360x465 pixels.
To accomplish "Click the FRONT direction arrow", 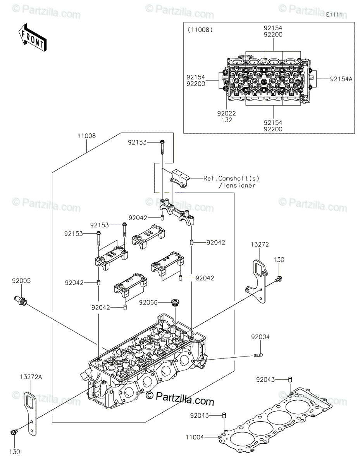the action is [32, 38].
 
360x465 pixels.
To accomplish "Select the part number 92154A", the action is [341, 79].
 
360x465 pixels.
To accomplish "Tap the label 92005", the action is [21, 281].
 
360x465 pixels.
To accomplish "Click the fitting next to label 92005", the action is [20, 300].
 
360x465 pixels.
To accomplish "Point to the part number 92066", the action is [148, 302].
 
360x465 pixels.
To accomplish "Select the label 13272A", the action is [31, 377].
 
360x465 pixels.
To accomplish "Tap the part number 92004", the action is [260, 337].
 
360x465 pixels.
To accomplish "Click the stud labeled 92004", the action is [258, 355].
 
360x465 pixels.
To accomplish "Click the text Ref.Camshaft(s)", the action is [231, 178].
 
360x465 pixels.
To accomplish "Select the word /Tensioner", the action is [237, 185].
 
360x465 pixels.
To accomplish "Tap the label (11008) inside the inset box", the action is [200, 30].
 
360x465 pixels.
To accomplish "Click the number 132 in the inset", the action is [227, 120].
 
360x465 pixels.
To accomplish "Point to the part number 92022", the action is [227, 113].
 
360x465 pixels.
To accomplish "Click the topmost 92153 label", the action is [137, 142].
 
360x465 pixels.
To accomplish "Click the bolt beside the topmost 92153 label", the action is [162, 147].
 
